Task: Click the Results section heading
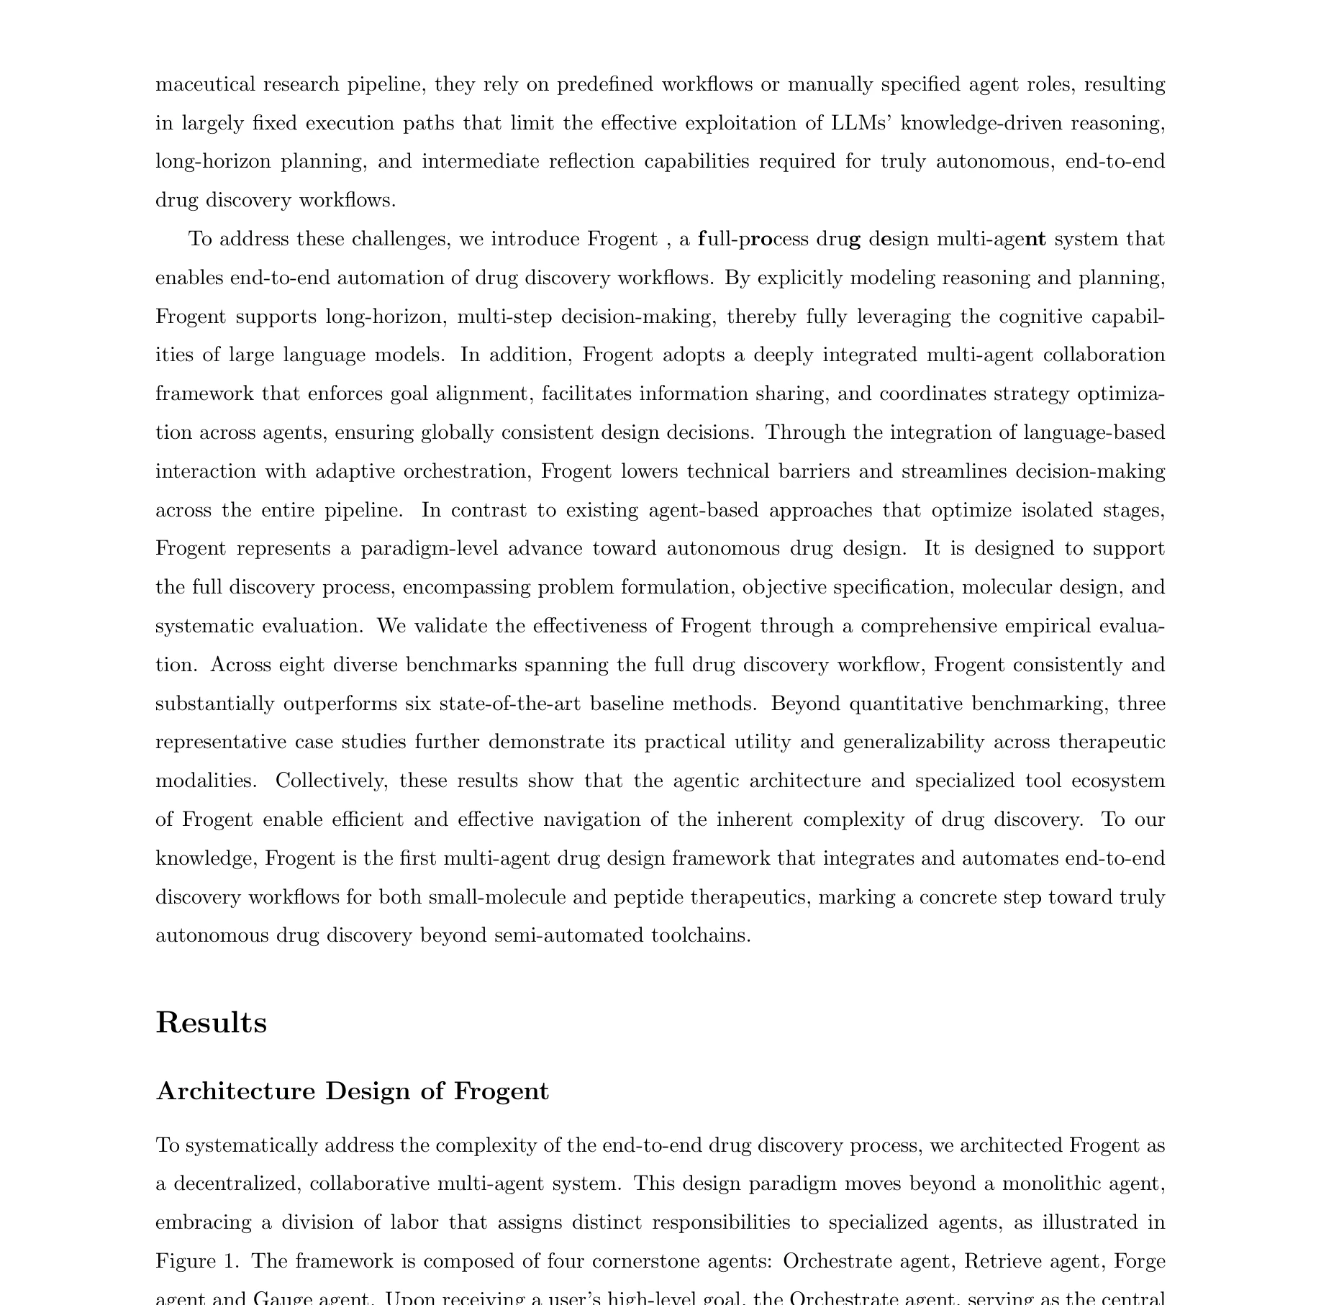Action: [211, 1022]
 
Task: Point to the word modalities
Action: [205, 781]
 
